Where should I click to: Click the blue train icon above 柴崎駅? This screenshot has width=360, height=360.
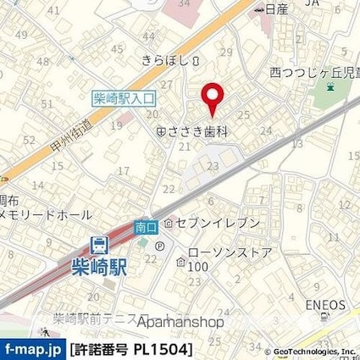click(101, 244)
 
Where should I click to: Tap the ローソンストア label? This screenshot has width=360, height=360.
click(217, 252)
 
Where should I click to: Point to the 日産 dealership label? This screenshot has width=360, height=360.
click(270, 9)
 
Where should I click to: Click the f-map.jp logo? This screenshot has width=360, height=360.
click(32, 349)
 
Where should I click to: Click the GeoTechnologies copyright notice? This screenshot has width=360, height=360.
click(310, 352)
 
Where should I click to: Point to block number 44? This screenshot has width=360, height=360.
click(150, 36)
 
